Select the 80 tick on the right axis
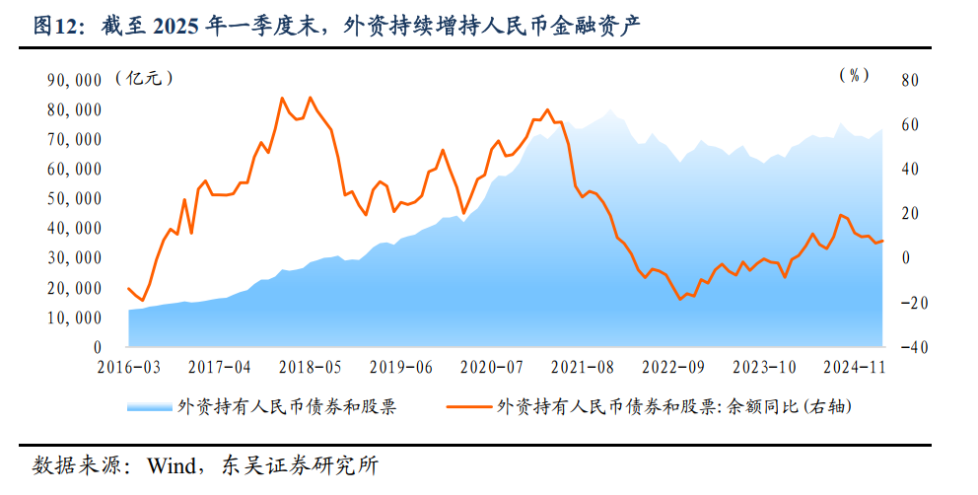click(909, 80)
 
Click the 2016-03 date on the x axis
click(129, 367)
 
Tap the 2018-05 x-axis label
click(310, 367)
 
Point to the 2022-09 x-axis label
click(673, 367)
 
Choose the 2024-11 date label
click(855, 367)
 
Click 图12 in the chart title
click(55, 27)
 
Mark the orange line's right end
click(883, 241)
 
